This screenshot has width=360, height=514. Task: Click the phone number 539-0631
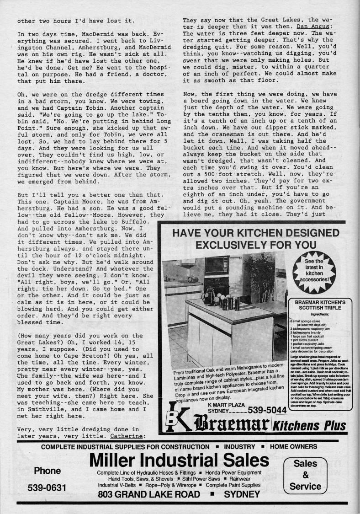(x=47, y=487)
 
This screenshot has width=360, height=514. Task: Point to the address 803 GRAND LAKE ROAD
(x=149, y=494)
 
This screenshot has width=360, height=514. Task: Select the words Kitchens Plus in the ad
(x=309, y=426)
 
